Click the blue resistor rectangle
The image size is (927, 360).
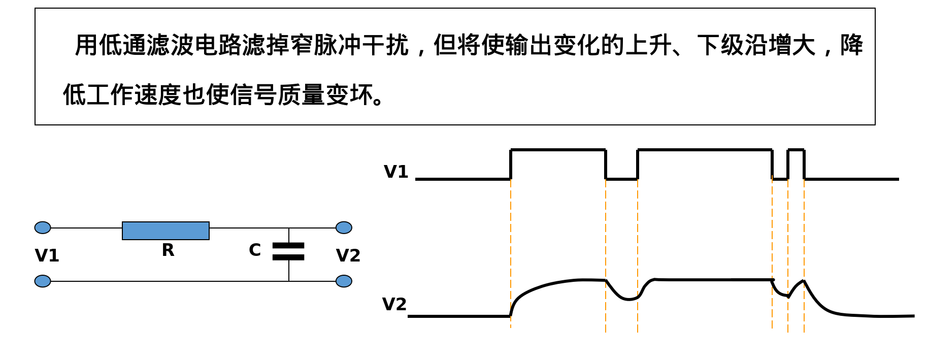click(x=165, y=231)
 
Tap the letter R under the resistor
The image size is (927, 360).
click(x=168, y=250)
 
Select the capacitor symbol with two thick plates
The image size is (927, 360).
click(x=288, y=251)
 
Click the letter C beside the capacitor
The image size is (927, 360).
click(x=255, y=250)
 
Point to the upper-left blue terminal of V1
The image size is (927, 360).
click(x=43, y=227)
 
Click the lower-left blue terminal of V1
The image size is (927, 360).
click(x=43, y=281)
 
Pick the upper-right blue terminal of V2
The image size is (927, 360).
click(x=344, y=227)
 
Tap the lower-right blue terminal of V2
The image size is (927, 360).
click(x=344, y=281)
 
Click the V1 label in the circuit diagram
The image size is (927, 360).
click(x=47, y=255)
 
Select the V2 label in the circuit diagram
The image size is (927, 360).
click(x=348, y=255)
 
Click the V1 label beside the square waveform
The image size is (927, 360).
click(x=396, y=172)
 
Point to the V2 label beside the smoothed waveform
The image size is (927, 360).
click(x=394, y=305)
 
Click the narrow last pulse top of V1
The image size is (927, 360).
click(x=796, y=150)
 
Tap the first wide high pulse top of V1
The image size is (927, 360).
click(x=558, y=150)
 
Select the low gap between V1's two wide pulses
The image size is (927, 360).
click(x=621, y=179)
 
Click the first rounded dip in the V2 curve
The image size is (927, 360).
click(x=627, y=299)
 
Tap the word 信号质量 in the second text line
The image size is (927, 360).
click(x=277, y=95)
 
